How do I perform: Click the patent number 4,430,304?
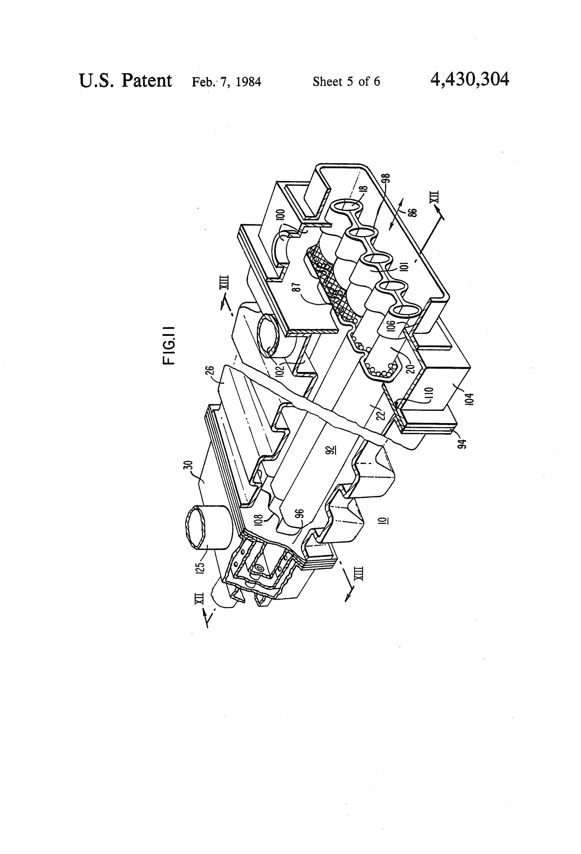(470, 79)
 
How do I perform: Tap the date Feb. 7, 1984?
(226, 82)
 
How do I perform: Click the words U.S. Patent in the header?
(125, 80)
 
